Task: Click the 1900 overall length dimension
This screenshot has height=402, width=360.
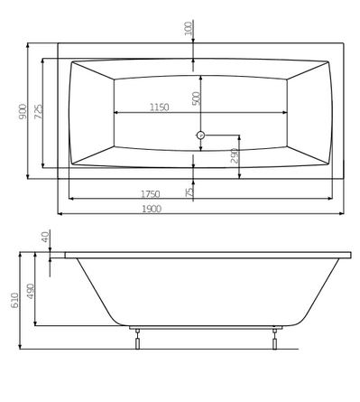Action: (x=152, y=209)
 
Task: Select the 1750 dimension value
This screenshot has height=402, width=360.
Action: (x=151, y=194)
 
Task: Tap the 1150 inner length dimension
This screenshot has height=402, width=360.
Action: (x=160, y=108)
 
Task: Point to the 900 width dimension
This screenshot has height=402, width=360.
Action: (x=23, y=111)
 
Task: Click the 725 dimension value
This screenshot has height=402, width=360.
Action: (x=38, y=111)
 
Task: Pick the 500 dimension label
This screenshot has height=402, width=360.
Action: (x=196, y=98)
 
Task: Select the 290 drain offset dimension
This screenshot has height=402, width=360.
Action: (x=235, y=155)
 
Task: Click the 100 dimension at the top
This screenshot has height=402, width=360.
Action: (x=188, y=29)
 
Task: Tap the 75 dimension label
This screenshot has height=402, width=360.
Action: (x=189, y=192)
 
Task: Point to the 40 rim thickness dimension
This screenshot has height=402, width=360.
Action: (x=45, y=237)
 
